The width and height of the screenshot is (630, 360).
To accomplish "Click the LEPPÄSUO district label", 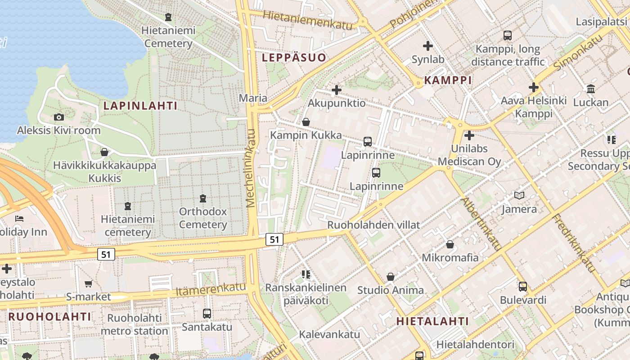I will (294, 57).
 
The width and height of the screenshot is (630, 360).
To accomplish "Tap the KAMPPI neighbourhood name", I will (448, 80).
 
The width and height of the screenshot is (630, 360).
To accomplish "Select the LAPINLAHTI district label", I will (140, 106).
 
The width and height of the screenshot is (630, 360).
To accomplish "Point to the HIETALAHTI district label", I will (432, 321).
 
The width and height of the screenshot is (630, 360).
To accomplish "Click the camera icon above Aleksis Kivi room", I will (58, 117).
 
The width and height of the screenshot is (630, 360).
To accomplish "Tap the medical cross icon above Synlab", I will (427, 46).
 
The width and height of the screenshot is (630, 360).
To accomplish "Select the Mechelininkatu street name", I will (251, 168).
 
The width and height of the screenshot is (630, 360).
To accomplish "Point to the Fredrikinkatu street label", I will (574, 243).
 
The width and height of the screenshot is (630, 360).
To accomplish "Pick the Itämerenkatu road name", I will (211, 289).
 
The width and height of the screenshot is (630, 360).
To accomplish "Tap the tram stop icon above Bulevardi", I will (522, 287).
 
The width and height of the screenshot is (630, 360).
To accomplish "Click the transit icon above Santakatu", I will (207, 314).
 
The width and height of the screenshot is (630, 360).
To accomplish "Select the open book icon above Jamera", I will (519, 196).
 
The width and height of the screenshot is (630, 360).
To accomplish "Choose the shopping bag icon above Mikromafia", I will (450, 244).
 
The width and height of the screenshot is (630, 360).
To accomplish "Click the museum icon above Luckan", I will (590, 89).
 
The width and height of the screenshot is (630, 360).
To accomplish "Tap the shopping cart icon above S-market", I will (88, 283).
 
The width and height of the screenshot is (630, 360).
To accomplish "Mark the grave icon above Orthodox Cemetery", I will (203, 198).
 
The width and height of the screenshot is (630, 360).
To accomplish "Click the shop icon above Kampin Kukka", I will (306, 122).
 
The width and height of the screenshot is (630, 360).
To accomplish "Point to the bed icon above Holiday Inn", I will (19, 219).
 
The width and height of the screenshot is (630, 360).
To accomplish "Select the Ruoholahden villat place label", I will (373, 225).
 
